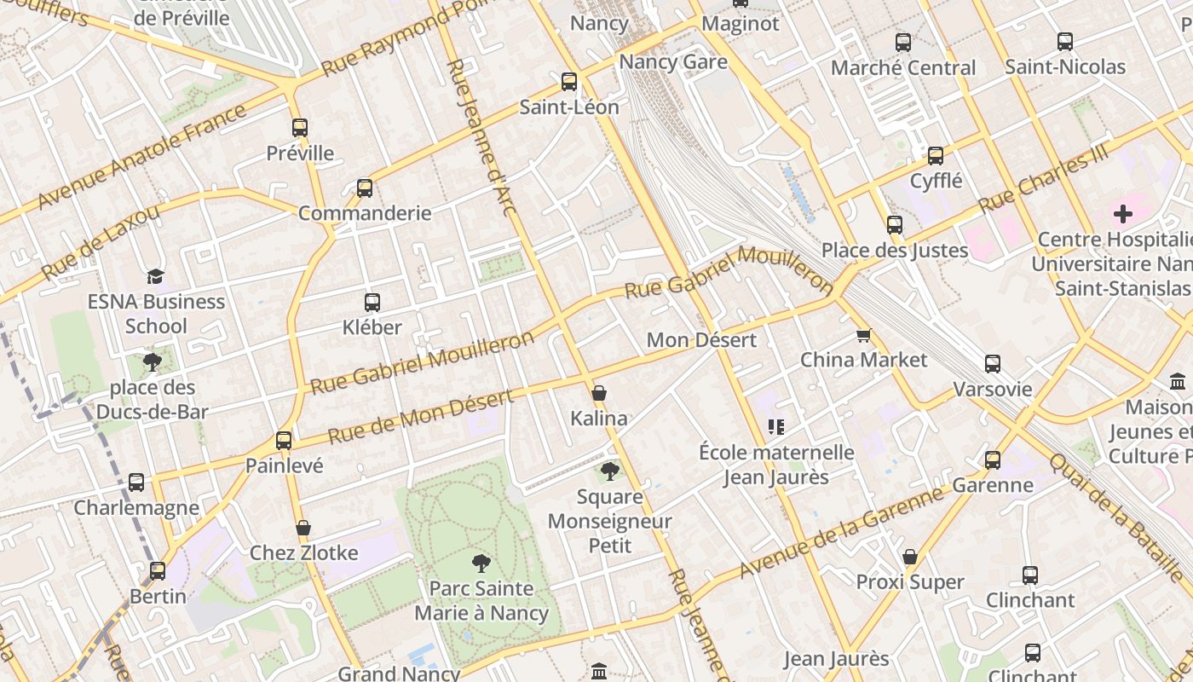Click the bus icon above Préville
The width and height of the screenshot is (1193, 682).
(x=299, y=128)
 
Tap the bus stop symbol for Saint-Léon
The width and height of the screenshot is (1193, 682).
(x=569, y=82)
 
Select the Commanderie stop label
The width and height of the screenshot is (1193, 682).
(x=365, y=213)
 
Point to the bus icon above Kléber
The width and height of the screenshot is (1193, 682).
(x=372, y=302)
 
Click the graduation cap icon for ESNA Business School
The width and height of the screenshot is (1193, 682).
(x=155, y=276)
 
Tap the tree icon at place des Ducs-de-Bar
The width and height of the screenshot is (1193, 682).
(x=153, y=362)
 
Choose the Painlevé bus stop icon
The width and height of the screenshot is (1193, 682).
(x=284, y=441)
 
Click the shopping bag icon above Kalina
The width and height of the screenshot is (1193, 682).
(x=599, y=393)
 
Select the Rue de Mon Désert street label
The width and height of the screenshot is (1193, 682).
(x=421, y=417)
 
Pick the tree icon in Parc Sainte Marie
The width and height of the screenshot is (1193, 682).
(x=481, y=564)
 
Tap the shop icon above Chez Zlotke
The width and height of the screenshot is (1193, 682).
(x=303, y=529)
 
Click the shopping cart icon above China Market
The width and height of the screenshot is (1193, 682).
(x=863, y=335)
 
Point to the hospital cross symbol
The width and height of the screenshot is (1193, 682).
(x=1123, y=214)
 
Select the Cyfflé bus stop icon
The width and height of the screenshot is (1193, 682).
(x=936, y=156)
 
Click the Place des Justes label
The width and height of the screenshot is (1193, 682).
(x=895, y=251)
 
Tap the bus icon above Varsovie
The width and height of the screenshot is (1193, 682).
(x=993, y=364)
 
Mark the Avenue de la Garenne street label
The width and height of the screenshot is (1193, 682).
(x=843, y=529)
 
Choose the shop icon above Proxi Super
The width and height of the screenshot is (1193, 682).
(x=910, y=558)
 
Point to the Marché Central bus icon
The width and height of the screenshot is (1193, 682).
(x=903, y=42)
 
